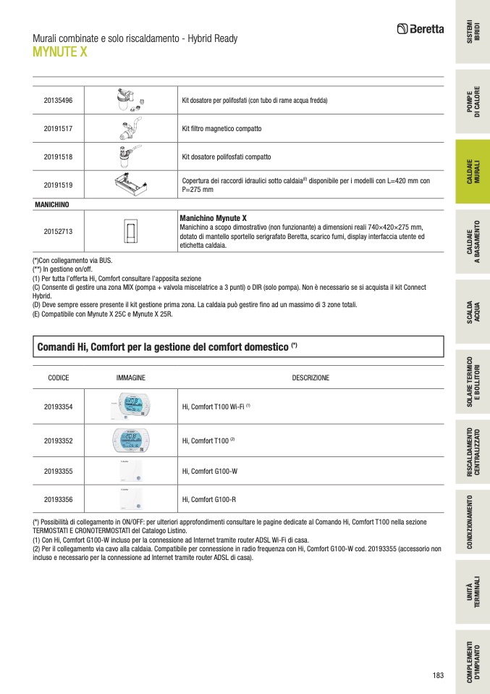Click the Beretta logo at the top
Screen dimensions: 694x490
pyautogui.click(x=421, y=30)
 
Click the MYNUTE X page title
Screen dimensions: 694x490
pyautogui.click(x=60, y=51)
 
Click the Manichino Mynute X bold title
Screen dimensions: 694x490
pyautogui.click(x=213, y=218)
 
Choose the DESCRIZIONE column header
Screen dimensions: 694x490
pyautogui.click(x=311, y=378)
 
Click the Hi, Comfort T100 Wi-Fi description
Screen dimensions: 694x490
pyautogui.click(x=216, y=407)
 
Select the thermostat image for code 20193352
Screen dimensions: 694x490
pyautogui.click(x=131, y=440)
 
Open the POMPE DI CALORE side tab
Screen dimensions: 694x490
pyautogui.click(x=473, y=103)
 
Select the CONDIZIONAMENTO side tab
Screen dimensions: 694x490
pyautogui.click(x=473, y=521)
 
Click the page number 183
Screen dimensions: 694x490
pyautogui.click(x=437, y=676)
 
